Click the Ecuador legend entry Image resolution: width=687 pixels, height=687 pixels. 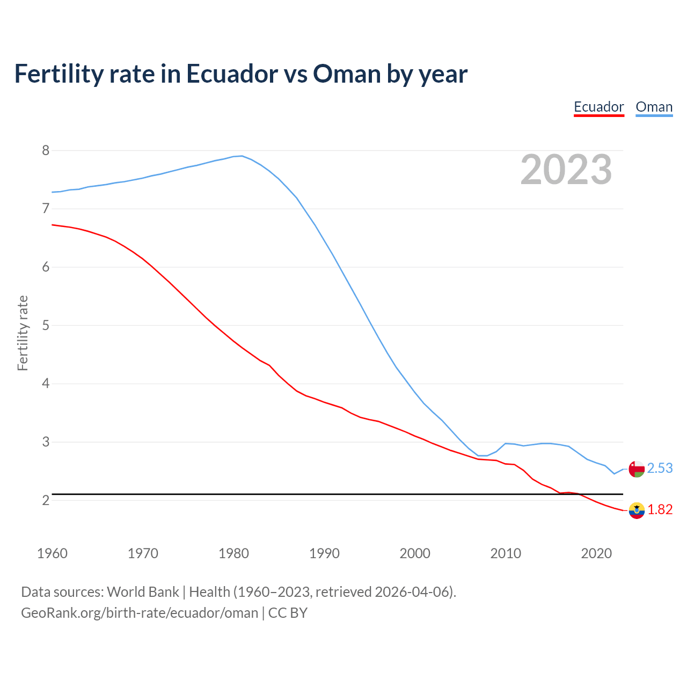598,107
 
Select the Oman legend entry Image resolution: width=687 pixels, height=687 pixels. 654,107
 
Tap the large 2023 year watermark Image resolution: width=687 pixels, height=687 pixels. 566,170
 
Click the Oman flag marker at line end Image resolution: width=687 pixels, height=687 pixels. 637,469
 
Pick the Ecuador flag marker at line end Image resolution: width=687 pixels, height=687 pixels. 637,510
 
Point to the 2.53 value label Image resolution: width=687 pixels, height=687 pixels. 660,469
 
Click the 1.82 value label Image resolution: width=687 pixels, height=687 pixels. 660,509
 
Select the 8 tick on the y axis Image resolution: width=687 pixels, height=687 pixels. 46,150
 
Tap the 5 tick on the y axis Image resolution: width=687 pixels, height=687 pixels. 46,325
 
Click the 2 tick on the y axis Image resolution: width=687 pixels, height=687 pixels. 46,500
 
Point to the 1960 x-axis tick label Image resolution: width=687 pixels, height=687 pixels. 52,553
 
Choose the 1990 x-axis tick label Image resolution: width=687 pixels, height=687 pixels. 324,553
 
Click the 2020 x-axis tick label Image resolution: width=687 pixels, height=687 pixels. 596,553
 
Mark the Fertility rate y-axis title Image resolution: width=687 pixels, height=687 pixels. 23,333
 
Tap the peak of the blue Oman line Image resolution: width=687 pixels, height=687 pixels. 242,156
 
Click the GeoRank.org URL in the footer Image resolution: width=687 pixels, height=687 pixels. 140,612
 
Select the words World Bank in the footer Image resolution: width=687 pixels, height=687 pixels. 143,591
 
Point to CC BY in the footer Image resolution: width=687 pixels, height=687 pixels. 288,612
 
